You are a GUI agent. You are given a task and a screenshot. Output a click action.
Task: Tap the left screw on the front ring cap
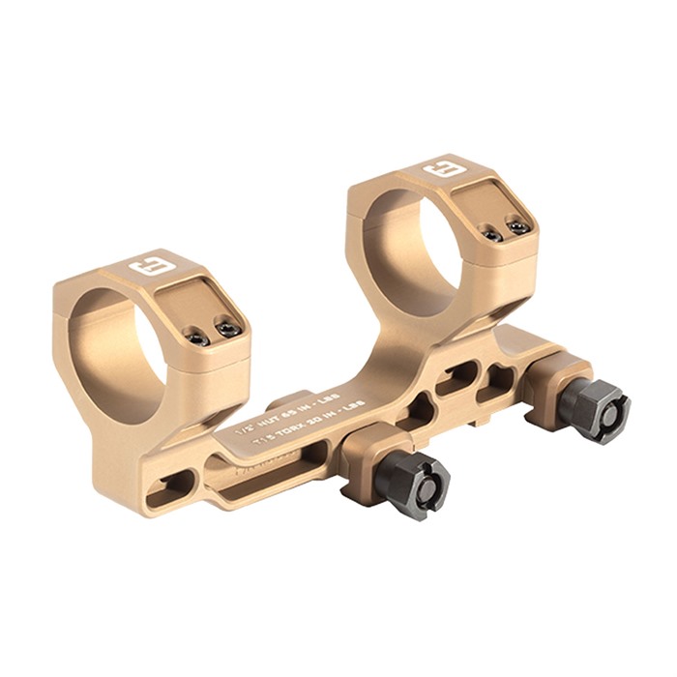(x=197, y=338)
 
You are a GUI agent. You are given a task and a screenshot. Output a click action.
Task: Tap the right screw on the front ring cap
(x=228, y=330)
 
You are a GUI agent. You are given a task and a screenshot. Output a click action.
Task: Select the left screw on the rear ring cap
(x=492, y=235)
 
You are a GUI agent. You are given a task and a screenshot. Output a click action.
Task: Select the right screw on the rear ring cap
(x=519, y=227)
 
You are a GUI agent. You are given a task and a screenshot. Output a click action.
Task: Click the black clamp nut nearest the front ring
(x=414, y=484)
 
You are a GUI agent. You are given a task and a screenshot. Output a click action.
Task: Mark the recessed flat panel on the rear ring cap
(x=488, y=203)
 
